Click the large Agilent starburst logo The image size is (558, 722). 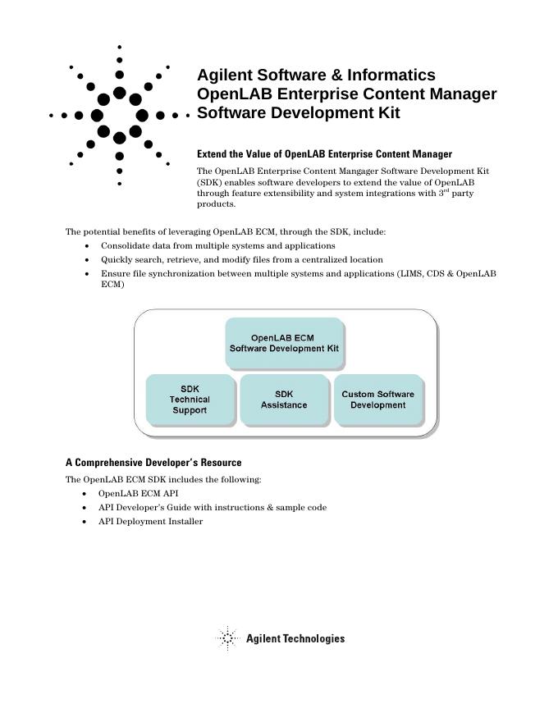coord(120,115)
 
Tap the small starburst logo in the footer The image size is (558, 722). coord(227,638)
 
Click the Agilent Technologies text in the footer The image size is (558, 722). coord(295,638)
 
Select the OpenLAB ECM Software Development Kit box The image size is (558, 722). coord(284,343)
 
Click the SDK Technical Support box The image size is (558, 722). coord(190,400)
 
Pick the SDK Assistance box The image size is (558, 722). coord(284,400)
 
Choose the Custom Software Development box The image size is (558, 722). coord(377,400)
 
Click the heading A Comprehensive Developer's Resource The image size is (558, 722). coord(153,463)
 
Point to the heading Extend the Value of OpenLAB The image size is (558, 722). coord(324,153)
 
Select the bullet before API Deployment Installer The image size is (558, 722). coord(86,522)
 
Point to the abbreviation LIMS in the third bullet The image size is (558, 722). coord(410,273)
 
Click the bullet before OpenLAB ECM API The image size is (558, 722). coord(86,494)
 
